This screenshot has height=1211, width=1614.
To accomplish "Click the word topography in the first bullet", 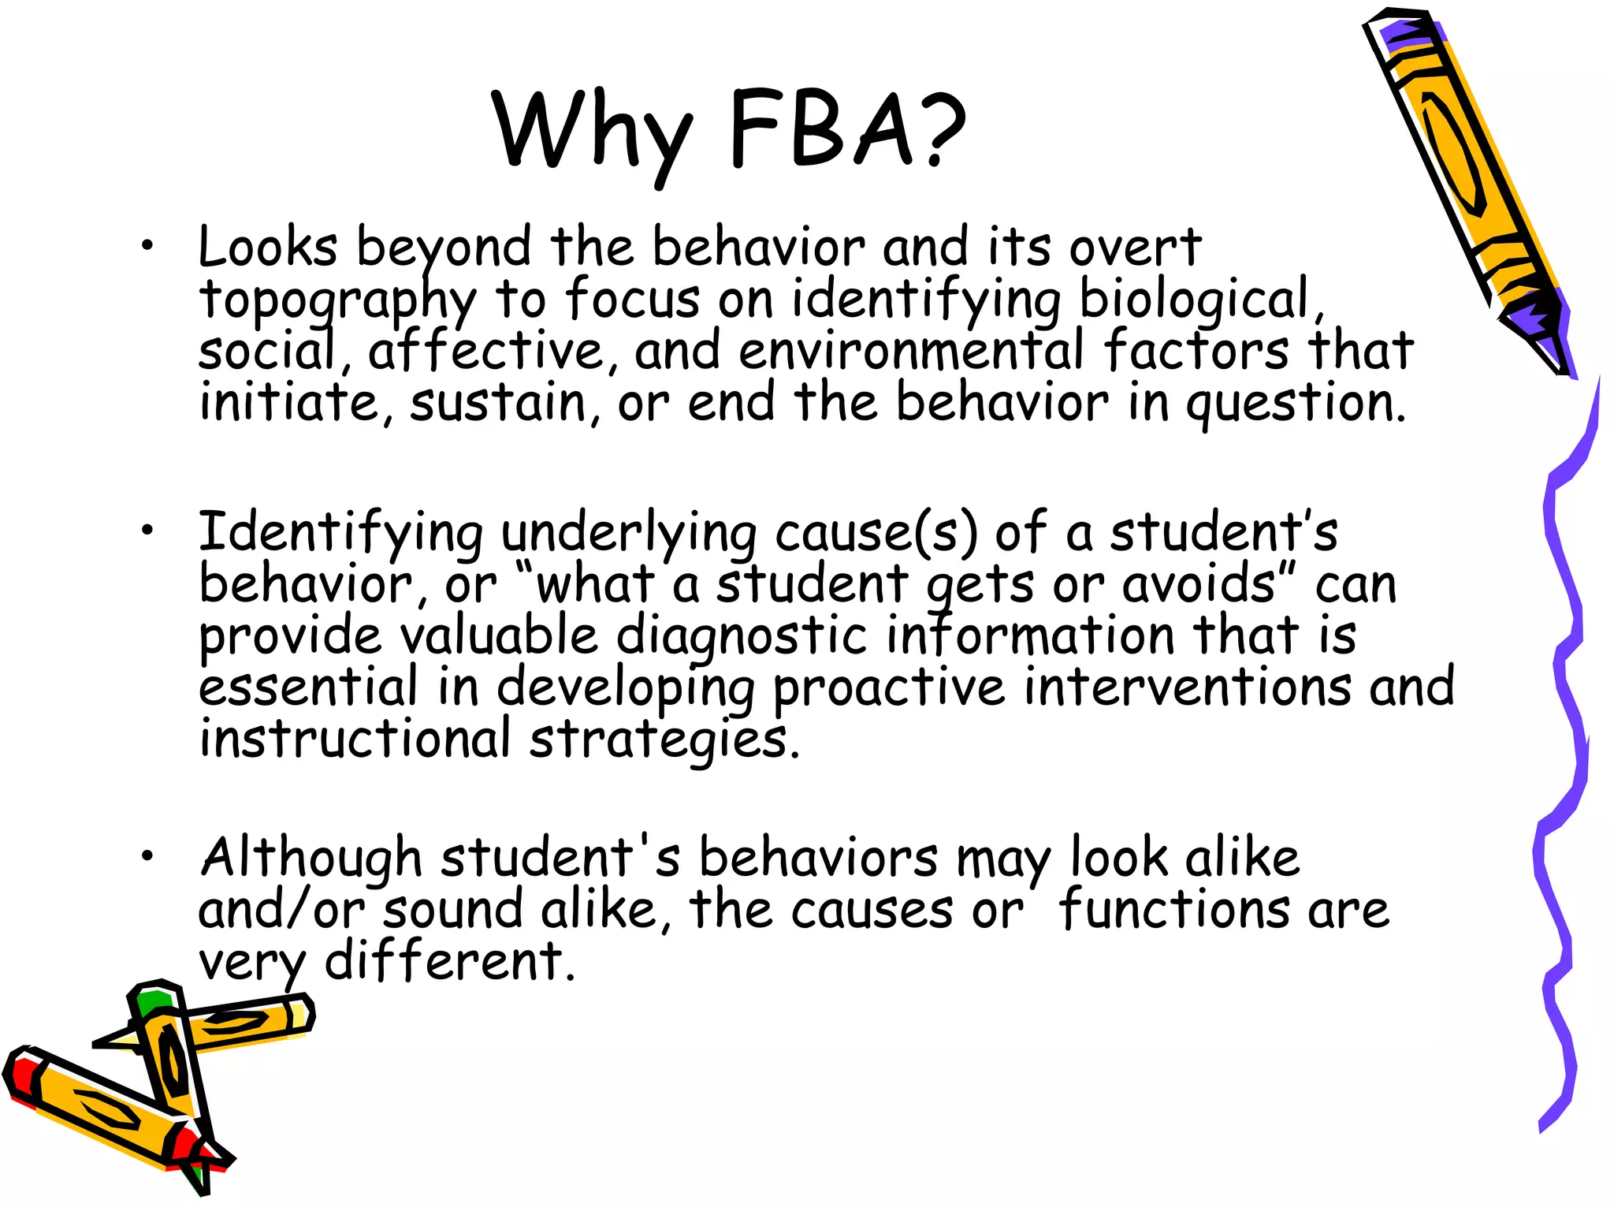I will tap(337, 300).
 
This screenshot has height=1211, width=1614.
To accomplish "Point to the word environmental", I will tap(911, 352).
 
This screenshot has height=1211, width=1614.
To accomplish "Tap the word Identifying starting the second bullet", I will tap(340, 533).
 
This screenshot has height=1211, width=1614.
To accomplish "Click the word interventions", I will tap(1187, 687).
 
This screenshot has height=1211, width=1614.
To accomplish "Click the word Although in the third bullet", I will tap(311, 858).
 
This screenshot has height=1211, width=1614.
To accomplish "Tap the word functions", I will tap(1173, 911).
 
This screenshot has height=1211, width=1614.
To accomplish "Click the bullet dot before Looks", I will tap(147, 247).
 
